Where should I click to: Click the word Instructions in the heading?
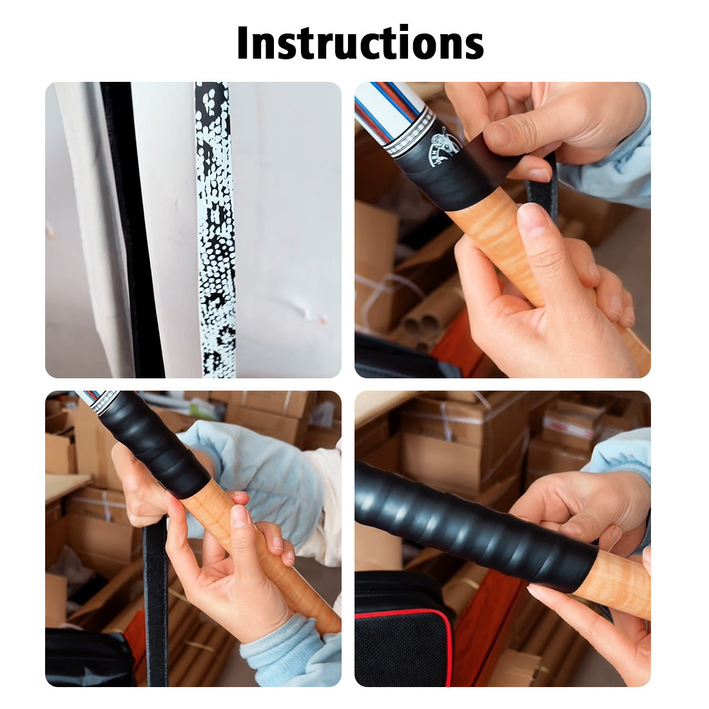tap(360, 43)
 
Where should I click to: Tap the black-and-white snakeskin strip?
tap(216, 229)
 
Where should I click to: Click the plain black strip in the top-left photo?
tap(133, 229)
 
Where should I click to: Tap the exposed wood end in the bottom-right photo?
tap(616, 583)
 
